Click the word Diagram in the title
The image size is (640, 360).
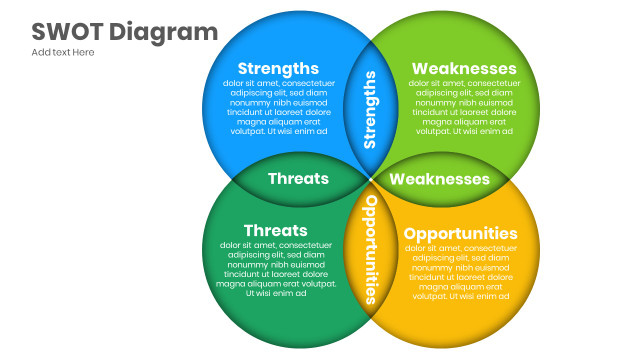click(162, 32)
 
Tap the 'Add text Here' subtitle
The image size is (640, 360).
click(63, 52)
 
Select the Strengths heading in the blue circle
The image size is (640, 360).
click(278, 68)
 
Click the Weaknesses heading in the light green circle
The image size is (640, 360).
click(464, 68)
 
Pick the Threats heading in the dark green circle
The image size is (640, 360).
click(275, 230)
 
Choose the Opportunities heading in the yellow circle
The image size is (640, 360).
click(460, 233)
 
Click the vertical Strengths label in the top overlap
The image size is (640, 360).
click(371, 109)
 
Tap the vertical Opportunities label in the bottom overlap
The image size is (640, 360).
click(371, 248)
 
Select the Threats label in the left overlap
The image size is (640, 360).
click(298, 178)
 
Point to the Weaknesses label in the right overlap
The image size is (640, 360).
click(440, 179)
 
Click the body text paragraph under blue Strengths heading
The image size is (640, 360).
click(278, 107)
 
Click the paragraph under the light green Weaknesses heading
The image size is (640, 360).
click(463, 107)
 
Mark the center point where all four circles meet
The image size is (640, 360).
click(371, 179)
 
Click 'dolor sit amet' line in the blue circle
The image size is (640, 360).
click(278, 83)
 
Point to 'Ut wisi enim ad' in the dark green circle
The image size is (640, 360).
click(275, 293)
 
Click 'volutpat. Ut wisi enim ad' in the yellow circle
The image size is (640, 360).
click(461, 296)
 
